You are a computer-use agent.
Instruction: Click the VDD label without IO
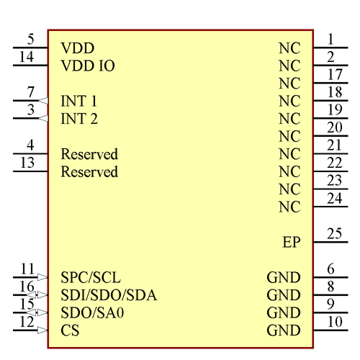pyautogui.click(x=78, y=49)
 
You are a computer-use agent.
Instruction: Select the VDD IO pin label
pyautogui.click(x=88, y=66)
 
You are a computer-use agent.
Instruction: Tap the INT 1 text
pyautogui.click(x=79, y=102)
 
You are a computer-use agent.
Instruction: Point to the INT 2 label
pyautogui.click(x=79, y=119)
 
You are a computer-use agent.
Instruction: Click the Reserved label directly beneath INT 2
pyautogui.click(x=89, y=155)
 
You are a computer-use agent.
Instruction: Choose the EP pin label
pyautogui.click(x=291, y=243)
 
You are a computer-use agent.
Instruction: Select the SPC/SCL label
pyautogui.click(x=91, y=277)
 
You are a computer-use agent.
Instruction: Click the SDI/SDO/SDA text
pyautogui.click(x=109, y=295)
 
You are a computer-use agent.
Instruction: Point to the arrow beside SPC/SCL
pyautogui.click(x=42, y=276)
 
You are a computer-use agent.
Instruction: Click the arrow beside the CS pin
pyautogui.click(x=42, y=330)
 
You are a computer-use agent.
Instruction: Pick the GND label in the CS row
pyautogui.click(x=283, y=331)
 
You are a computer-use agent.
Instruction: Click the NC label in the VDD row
pyautogui.click(x=289, y=49)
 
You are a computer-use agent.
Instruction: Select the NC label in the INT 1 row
pyautogui.click(x=289, y=102)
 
